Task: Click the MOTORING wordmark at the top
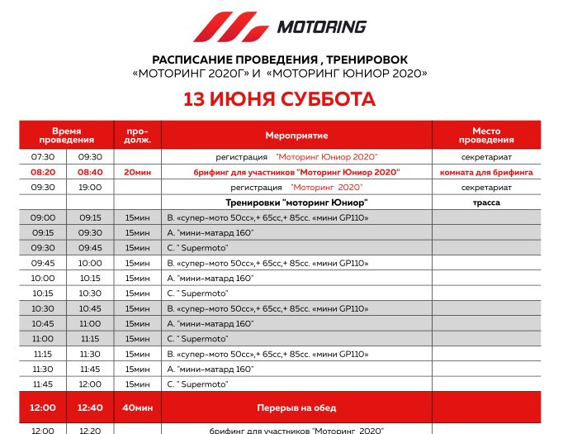tap(321, 26)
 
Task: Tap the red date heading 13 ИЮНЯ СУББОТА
tap(279, 100)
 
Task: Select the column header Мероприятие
tap(296, 135)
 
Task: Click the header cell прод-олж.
tap(138, 135)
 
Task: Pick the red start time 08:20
tap(43, 172)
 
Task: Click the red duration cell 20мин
tap(138, 172)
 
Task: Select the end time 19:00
tap(90, 187)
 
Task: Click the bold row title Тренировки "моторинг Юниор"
tap(296, 202)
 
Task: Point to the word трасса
tap(486, 202)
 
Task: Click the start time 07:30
tap(43, 156)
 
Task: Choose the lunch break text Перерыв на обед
tap(296, 408)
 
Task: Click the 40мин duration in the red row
tap(138, 408)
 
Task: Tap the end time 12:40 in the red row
tap(90, 408)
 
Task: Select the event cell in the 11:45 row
tap(198, 384)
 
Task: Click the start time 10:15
tap(43, 293)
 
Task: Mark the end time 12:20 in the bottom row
tap(90, 430)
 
